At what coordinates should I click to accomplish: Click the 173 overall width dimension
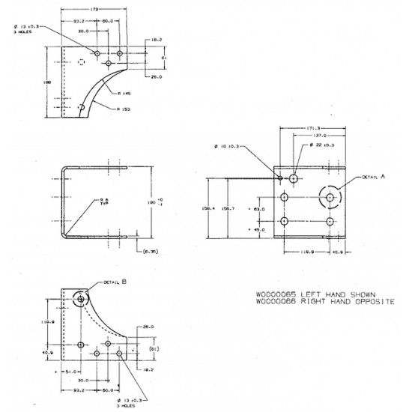94,8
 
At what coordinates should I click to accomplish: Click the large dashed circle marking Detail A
328,196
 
